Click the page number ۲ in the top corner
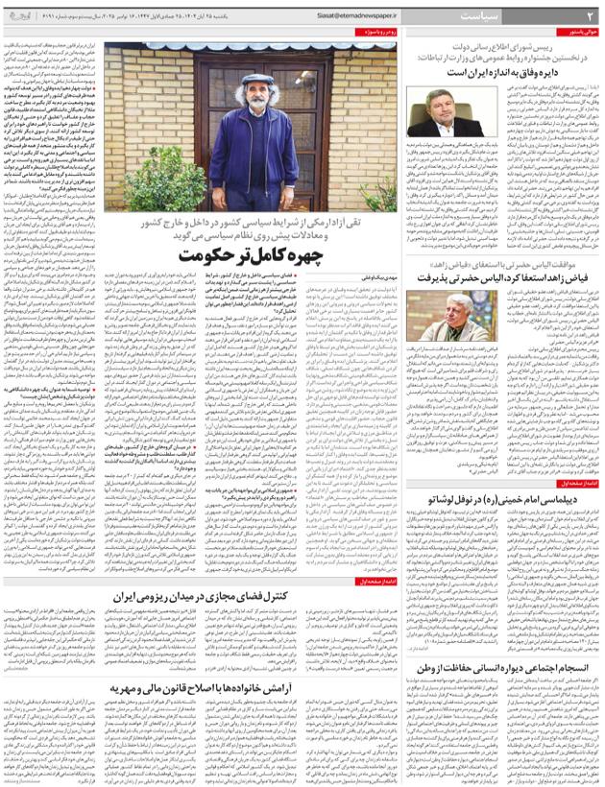(x=590, y=16)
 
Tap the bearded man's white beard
(x=256, y=111)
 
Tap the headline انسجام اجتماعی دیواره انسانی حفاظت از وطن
(x=504, y=667)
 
